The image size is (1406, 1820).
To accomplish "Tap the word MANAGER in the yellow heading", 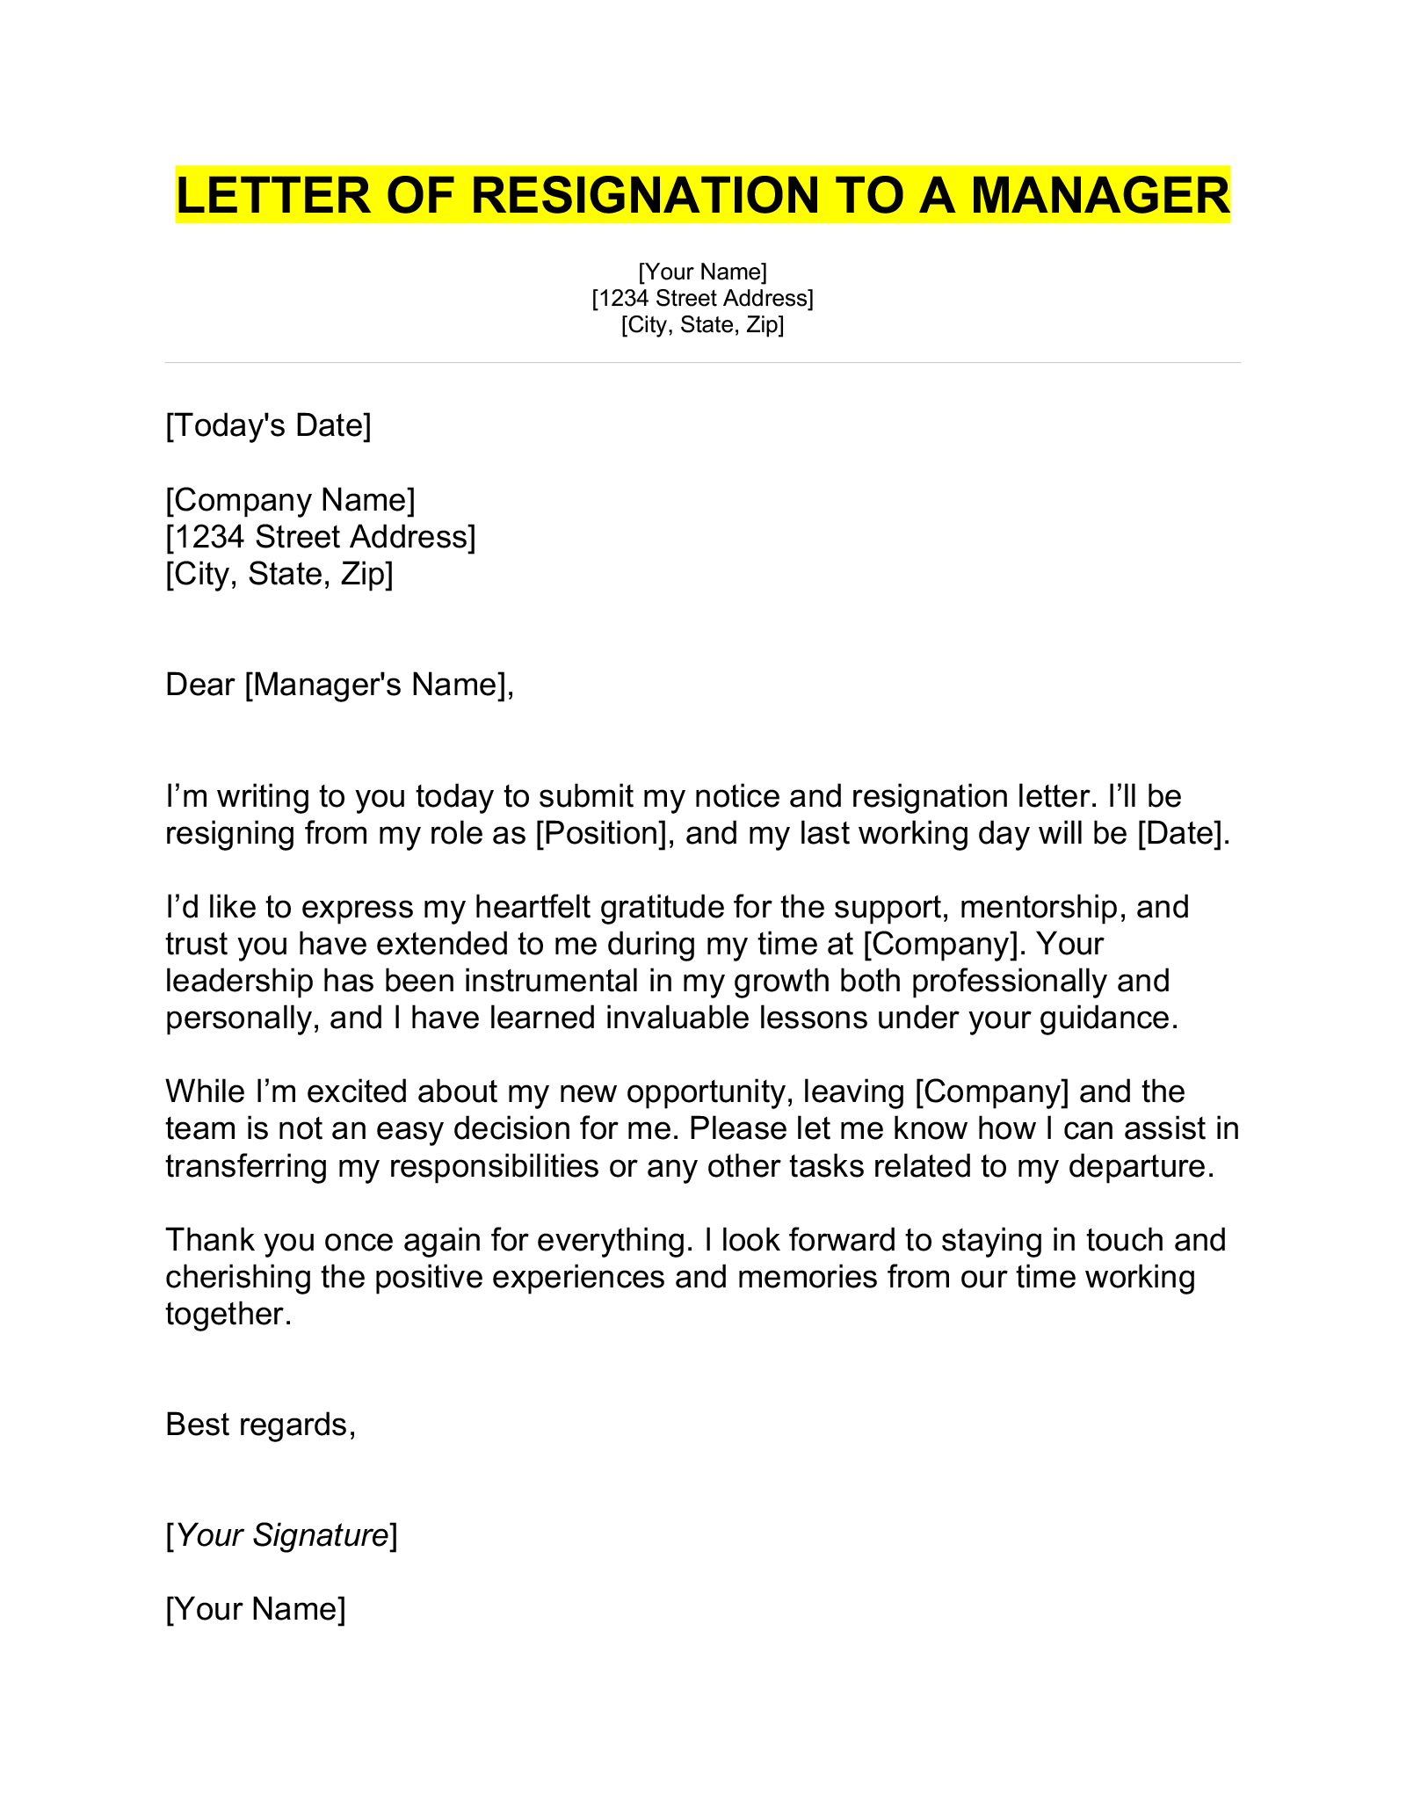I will point(1100,194).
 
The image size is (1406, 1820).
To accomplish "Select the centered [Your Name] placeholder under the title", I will point(702,271).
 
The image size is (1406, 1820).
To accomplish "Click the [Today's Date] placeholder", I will point(268,425).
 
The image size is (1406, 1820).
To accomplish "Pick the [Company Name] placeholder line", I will point(290,500).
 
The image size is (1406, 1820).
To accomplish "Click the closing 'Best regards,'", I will point(260,1425).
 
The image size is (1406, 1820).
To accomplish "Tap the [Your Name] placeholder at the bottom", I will point(256,1609).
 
